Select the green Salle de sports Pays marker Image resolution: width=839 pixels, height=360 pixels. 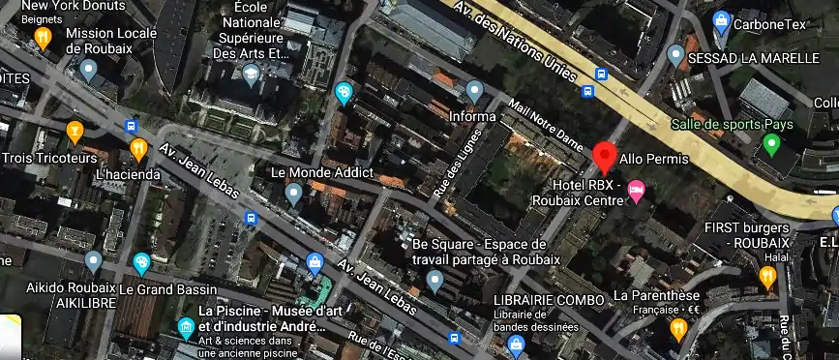771,145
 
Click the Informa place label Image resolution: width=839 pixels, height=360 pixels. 472,116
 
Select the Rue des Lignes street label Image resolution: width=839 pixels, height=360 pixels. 459,164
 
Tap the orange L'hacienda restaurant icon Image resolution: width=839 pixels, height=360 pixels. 138,149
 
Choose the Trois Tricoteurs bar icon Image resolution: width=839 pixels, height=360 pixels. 75,131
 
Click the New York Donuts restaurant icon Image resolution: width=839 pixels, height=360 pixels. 43,38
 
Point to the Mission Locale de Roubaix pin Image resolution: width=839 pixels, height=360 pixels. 88,70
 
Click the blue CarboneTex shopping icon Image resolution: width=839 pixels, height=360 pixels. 720,19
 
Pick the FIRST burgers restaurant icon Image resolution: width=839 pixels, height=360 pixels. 767,279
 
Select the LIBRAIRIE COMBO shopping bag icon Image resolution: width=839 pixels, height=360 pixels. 517,343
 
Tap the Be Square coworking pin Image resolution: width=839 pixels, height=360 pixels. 435,282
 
